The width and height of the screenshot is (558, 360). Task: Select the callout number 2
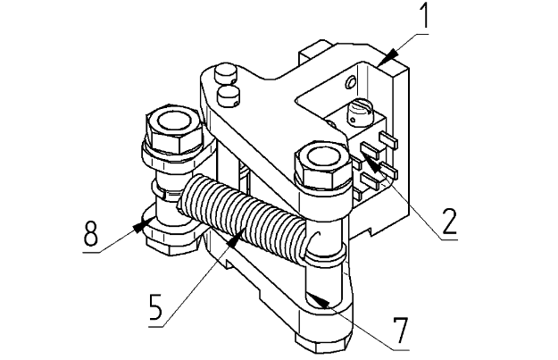[x=449, y=222]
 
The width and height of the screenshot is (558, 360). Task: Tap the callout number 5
[x=156, y=307]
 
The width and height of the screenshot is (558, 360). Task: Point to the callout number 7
[x=401, y=331]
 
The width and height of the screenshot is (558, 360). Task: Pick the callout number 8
[x=90, y=232]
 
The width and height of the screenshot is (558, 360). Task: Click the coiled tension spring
[x=242, y=213]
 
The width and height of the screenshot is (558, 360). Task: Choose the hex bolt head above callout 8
[x=174, y=129]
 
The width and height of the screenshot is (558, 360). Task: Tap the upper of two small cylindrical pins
[x=225, y=74]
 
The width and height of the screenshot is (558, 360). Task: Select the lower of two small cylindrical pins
[x=228, y=96]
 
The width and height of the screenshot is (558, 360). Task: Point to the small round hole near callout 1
[x=351, y=82]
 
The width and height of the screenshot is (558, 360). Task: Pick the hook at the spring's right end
[x=312, y=242]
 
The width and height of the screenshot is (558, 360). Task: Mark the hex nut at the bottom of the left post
[x=173, y=244]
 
